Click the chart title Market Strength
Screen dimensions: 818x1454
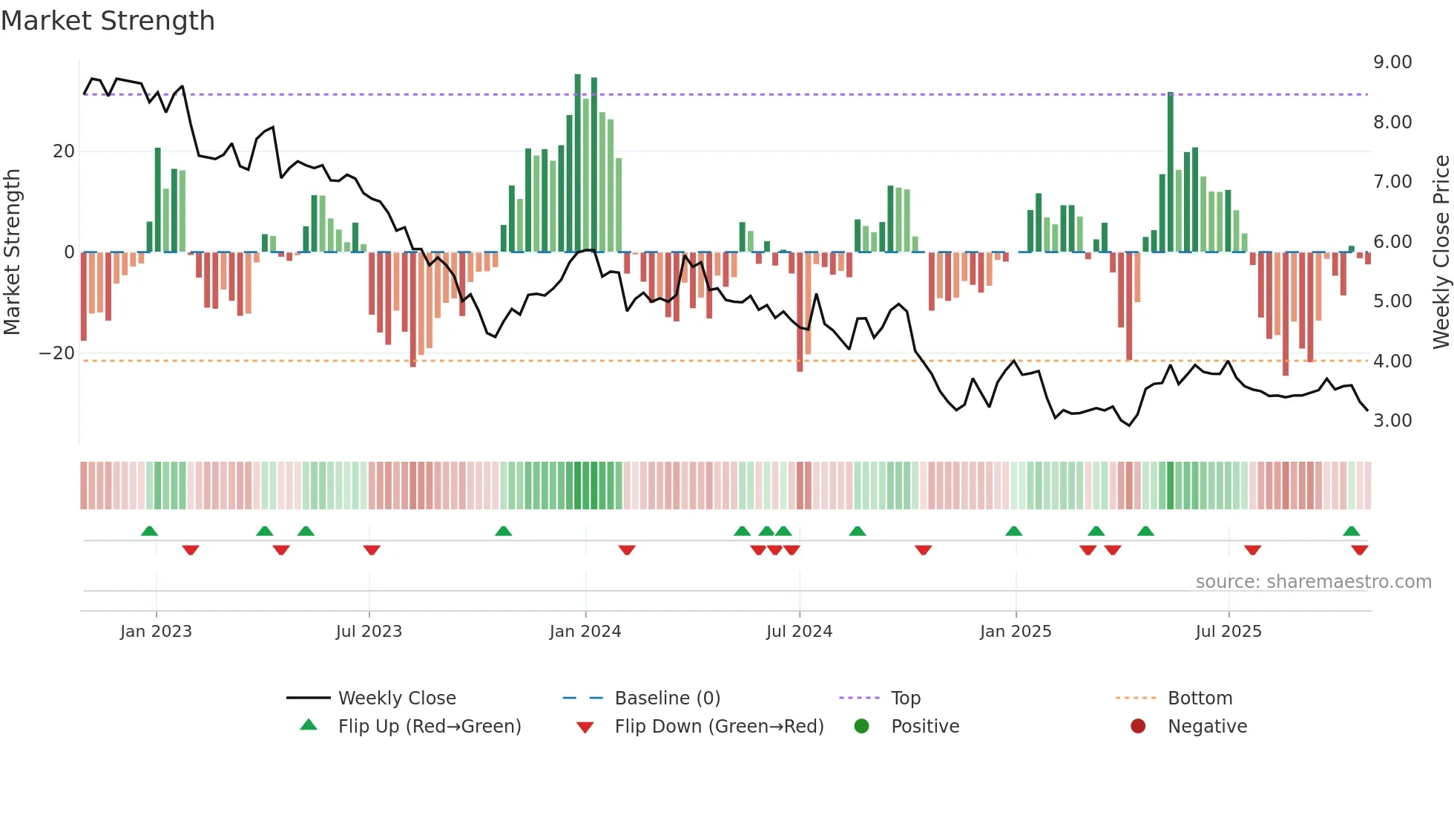click(108, 21)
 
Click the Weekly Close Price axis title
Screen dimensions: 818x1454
click(1441, 252)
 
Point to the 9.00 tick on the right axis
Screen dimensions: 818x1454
click(1392, 62)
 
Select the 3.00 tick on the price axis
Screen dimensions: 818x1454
click(1392, 421)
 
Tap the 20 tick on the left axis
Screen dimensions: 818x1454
click(64, 151)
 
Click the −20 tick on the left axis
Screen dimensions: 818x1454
click(56, 353)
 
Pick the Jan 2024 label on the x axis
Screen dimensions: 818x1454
click(585, 632)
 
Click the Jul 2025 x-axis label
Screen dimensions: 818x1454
click(1228, 632)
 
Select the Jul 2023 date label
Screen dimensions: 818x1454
click(369, 632)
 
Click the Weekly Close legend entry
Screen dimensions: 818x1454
click(397, 698)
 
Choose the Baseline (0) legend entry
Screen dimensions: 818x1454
click(667, 698)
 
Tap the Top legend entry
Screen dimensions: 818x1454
click(905, 698)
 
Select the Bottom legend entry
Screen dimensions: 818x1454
click(1200, 698)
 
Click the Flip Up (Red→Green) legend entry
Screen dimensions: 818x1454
click(430, 727)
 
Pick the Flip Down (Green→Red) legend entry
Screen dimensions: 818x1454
click(719, 727)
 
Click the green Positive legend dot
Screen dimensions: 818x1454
click(861, 727)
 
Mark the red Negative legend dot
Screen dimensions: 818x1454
click(1138, 727)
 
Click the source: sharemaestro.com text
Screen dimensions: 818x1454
click(1313, 582)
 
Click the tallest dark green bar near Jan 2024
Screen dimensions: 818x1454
click(578, 163)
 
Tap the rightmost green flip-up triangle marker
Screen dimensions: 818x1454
click(1351, 531)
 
